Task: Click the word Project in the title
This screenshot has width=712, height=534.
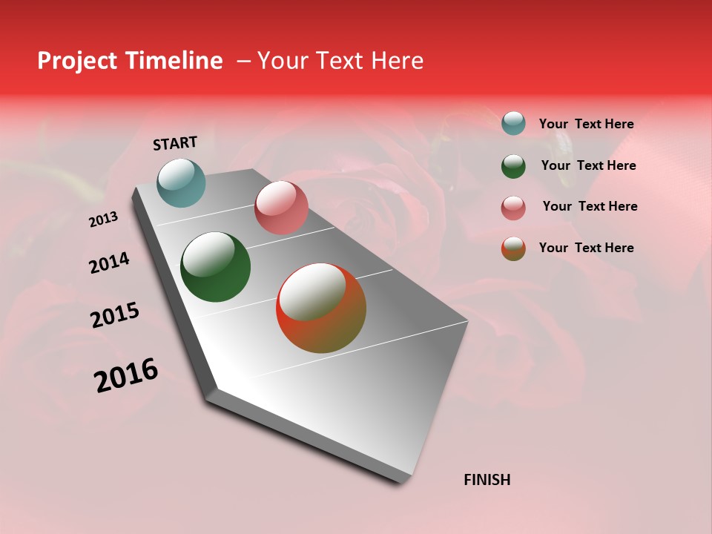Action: click(x=77, y=62)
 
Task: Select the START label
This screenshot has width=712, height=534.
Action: click(x=175, y=143)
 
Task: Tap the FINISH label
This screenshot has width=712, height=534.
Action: click(x=487, y=480)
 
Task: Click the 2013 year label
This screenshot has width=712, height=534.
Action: click(x=104, y=219)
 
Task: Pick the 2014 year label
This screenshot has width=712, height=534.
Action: click(x=109, y=263)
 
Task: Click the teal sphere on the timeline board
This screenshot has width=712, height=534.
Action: click(x=181, y=182)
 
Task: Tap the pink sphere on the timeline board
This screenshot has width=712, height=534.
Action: click(x=281, y=208)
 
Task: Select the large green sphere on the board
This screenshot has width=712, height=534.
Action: click(x=215, y=267)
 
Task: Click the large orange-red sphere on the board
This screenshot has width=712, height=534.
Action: click(x=321, y=308)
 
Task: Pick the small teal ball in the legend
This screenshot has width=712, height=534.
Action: click(x=513, y=124)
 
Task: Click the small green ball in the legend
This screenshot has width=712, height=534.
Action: click(x=513, y=165)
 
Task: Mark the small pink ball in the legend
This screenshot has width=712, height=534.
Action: click(x=513, y=207)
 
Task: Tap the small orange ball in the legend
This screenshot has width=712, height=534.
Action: click(x=513, y=248)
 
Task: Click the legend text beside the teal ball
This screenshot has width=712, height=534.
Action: click(x=587, y=125)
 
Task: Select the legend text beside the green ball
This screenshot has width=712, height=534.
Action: click(x=589, y=165)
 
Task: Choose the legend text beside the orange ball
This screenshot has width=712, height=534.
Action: click(x=587, y=248)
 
